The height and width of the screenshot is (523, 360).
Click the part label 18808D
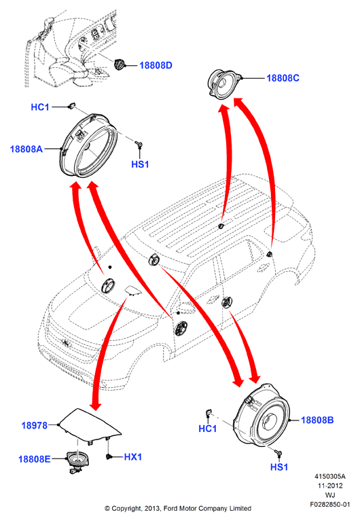click(156, 65)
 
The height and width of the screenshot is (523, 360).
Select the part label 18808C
click(283, 78)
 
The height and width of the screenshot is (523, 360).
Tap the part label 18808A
click(26, 149)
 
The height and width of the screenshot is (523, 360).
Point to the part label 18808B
click(317, 420)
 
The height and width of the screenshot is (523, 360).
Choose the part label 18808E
click(35, 459)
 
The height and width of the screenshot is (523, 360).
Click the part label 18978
click(35, 425)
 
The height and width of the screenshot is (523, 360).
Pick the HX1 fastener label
click(132, 456)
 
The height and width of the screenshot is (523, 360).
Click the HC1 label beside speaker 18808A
click(40, 107)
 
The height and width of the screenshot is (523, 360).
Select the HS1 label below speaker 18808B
click(279, 467)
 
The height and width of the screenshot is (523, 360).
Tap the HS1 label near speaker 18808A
click(140, 164)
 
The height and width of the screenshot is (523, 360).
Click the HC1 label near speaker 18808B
click(208, 429)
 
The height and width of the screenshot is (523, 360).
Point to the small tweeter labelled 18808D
click(119, 64)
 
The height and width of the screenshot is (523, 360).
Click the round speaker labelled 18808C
click(224, 82)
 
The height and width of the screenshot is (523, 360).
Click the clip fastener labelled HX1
click(108, 456)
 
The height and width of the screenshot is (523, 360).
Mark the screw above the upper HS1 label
click(139, 144)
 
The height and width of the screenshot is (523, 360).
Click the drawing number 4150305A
click(330, 476)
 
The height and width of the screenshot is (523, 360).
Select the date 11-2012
click(330, 486)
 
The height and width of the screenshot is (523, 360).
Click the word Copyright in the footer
click(127, 509)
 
